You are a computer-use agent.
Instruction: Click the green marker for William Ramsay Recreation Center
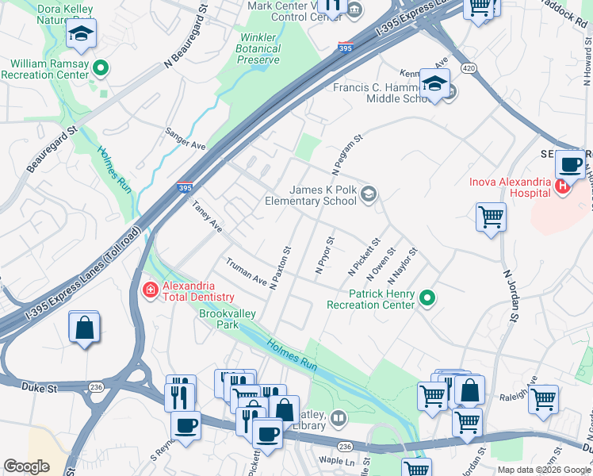100,68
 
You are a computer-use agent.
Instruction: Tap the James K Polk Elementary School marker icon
368,193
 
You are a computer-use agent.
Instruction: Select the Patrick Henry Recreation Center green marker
428,298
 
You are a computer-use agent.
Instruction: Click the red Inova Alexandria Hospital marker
562,186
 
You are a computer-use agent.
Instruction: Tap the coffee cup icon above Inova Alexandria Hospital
569,165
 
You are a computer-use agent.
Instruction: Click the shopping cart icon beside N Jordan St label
491,216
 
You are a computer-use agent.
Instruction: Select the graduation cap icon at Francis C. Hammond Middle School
434,83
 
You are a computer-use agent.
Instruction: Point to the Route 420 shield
469,69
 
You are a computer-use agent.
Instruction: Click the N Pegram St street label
346,155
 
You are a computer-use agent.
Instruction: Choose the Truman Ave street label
247,271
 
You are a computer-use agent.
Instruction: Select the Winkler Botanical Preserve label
259,48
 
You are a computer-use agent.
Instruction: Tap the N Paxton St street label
280,267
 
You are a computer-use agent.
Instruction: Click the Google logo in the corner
26,466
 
